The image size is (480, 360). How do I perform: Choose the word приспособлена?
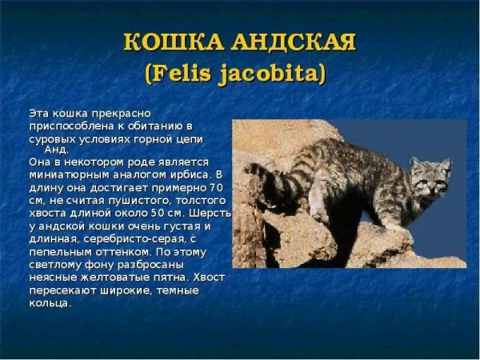(x=66, y=126)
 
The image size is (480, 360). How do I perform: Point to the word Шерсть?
(x=212, y=213)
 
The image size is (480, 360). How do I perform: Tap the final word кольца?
(x=49, y=303)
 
